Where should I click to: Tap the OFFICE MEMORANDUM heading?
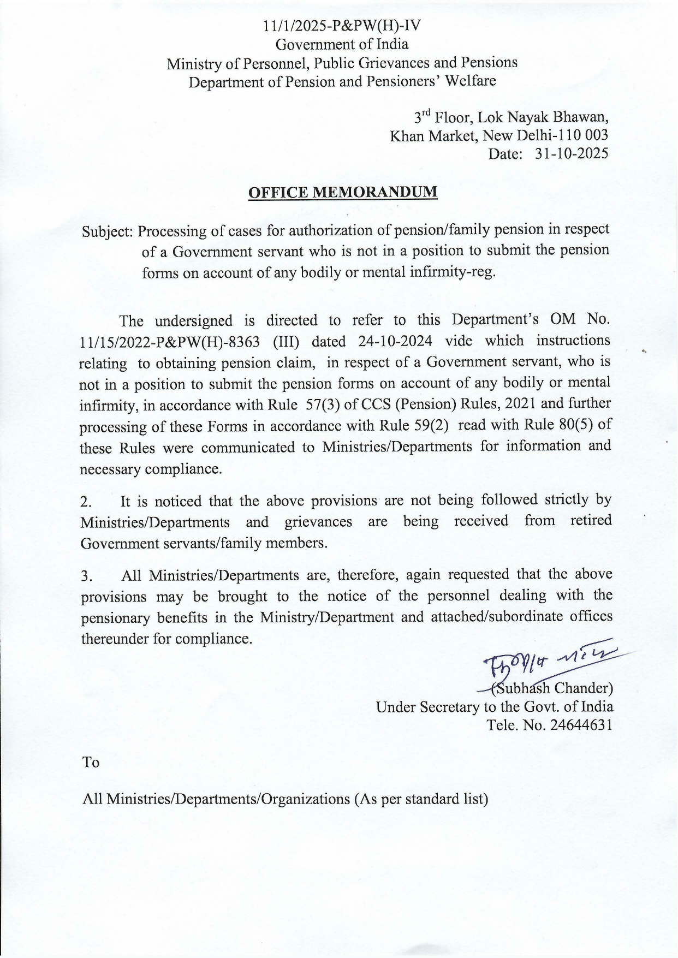point(343,193)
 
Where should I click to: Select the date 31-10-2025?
point(572,154)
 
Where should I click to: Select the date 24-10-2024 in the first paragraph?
point(395,341)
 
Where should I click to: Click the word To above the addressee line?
point(91,762)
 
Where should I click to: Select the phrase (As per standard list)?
point(420,799)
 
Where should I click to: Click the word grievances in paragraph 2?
point(318,522)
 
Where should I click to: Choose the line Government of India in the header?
point(342,44)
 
